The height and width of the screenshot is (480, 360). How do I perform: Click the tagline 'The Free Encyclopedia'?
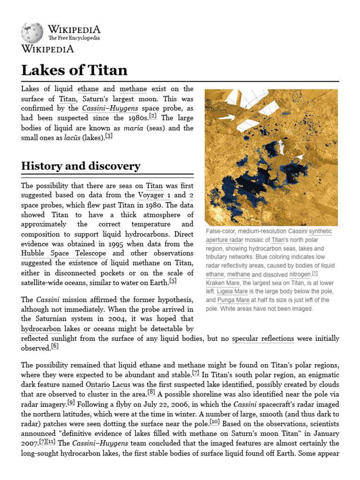(74, 38)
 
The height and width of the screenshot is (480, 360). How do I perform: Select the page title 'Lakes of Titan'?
(74, 70)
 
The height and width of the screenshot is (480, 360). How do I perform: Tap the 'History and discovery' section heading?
(81, 166)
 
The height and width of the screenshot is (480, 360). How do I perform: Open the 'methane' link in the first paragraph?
(133, 89)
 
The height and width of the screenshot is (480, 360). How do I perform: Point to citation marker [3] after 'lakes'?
(109, 136)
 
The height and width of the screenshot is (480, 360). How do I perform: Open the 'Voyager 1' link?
(154, 195)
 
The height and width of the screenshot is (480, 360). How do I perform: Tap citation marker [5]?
(173, 281)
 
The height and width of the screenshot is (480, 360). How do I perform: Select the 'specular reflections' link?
(263, 338)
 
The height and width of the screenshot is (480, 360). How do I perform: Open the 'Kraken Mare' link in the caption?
(223, 283)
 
